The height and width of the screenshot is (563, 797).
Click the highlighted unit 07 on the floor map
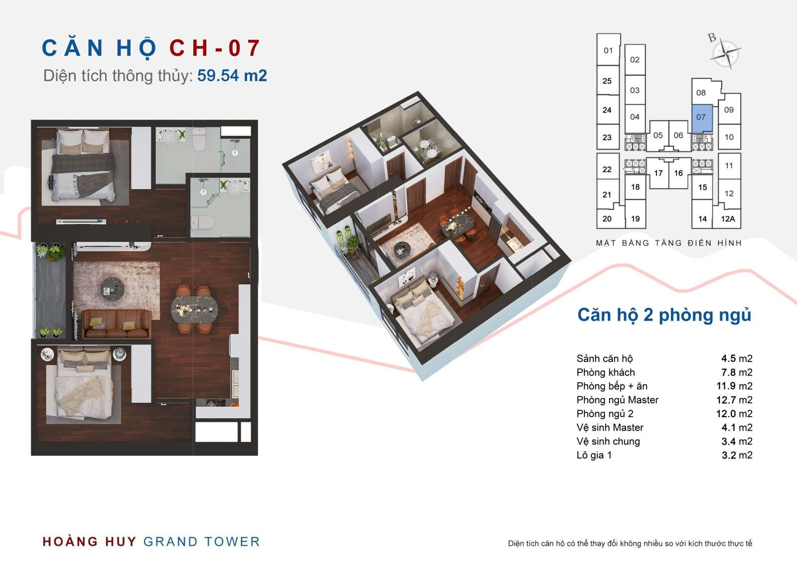pyautogui.click(x=702, y=118)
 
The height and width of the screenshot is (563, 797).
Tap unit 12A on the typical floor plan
pyautogui.click(x=728, y=219)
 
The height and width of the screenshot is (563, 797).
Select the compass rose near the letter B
pyautogui.click(x=726, y=54)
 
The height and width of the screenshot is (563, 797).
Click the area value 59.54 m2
pyautogui.click(x=232, y=76)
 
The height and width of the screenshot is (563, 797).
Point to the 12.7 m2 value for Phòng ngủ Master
pyautogui.click(x=734, y=400)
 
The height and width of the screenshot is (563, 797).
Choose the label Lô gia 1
pyautogui.click(x=594, y=455)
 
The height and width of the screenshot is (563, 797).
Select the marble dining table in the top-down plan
pyautogui.click(x=194, y=310)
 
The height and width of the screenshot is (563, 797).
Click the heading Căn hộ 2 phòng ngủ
pyautogui.click(x=664, y=315)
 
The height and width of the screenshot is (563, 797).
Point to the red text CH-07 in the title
pyautogui.click(x=215, y=48)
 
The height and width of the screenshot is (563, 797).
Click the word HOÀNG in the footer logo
pyautogui.click(x=70, y=541)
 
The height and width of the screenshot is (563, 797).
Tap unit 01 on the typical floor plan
pyautogui.click(x=608, y=50)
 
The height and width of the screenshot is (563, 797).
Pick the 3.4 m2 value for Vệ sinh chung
pyautogui.click(x=737, y=442)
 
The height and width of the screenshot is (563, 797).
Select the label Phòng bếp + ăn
pyautogui.click(x=612, y=386)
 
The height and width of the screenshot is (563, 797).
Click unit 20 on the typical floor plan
pyautogui.click(x=607, y=219)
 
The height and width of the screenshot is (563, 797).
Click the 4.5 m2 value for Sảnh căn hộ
pyautogui.click(x=737, y=358)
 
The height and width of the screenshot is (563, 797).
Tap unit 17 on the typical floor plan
pyautogui.click(x=658, y=173)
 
